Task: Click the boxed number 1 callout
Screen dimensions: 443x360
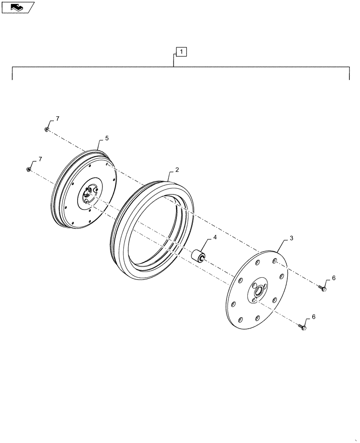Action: click(x=182, y=52)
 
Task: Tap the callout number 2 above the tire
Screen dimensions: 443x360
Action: click(x=177, y=170)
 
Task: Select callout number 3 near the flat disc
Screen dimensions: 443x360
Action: click(x=291, y=238)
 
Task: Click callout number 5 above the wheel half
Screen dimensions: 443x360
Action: click(x=106, y=138)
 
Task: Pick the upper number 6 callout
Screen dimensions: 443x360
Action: click(x=333, y=278)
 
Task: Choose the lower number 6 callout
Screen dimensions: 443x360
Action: click(x=315, y=317)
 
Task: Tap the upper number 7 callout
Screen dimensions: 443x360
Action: click(x=57, y=119)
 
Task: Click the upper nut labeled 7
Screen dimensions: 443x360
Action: click(x=47, y=129)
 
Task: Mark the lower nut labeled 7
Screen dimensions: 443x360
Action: click(x=29, y=169)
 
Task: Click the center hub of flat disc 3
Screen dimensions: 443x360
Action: click(x=258, y=291)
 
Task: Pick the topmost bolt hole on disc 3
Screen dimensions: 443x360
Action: click(x=275, y=261)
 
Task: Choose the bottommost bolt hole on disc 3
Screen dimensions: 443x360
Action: click(x=240, y=319)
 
